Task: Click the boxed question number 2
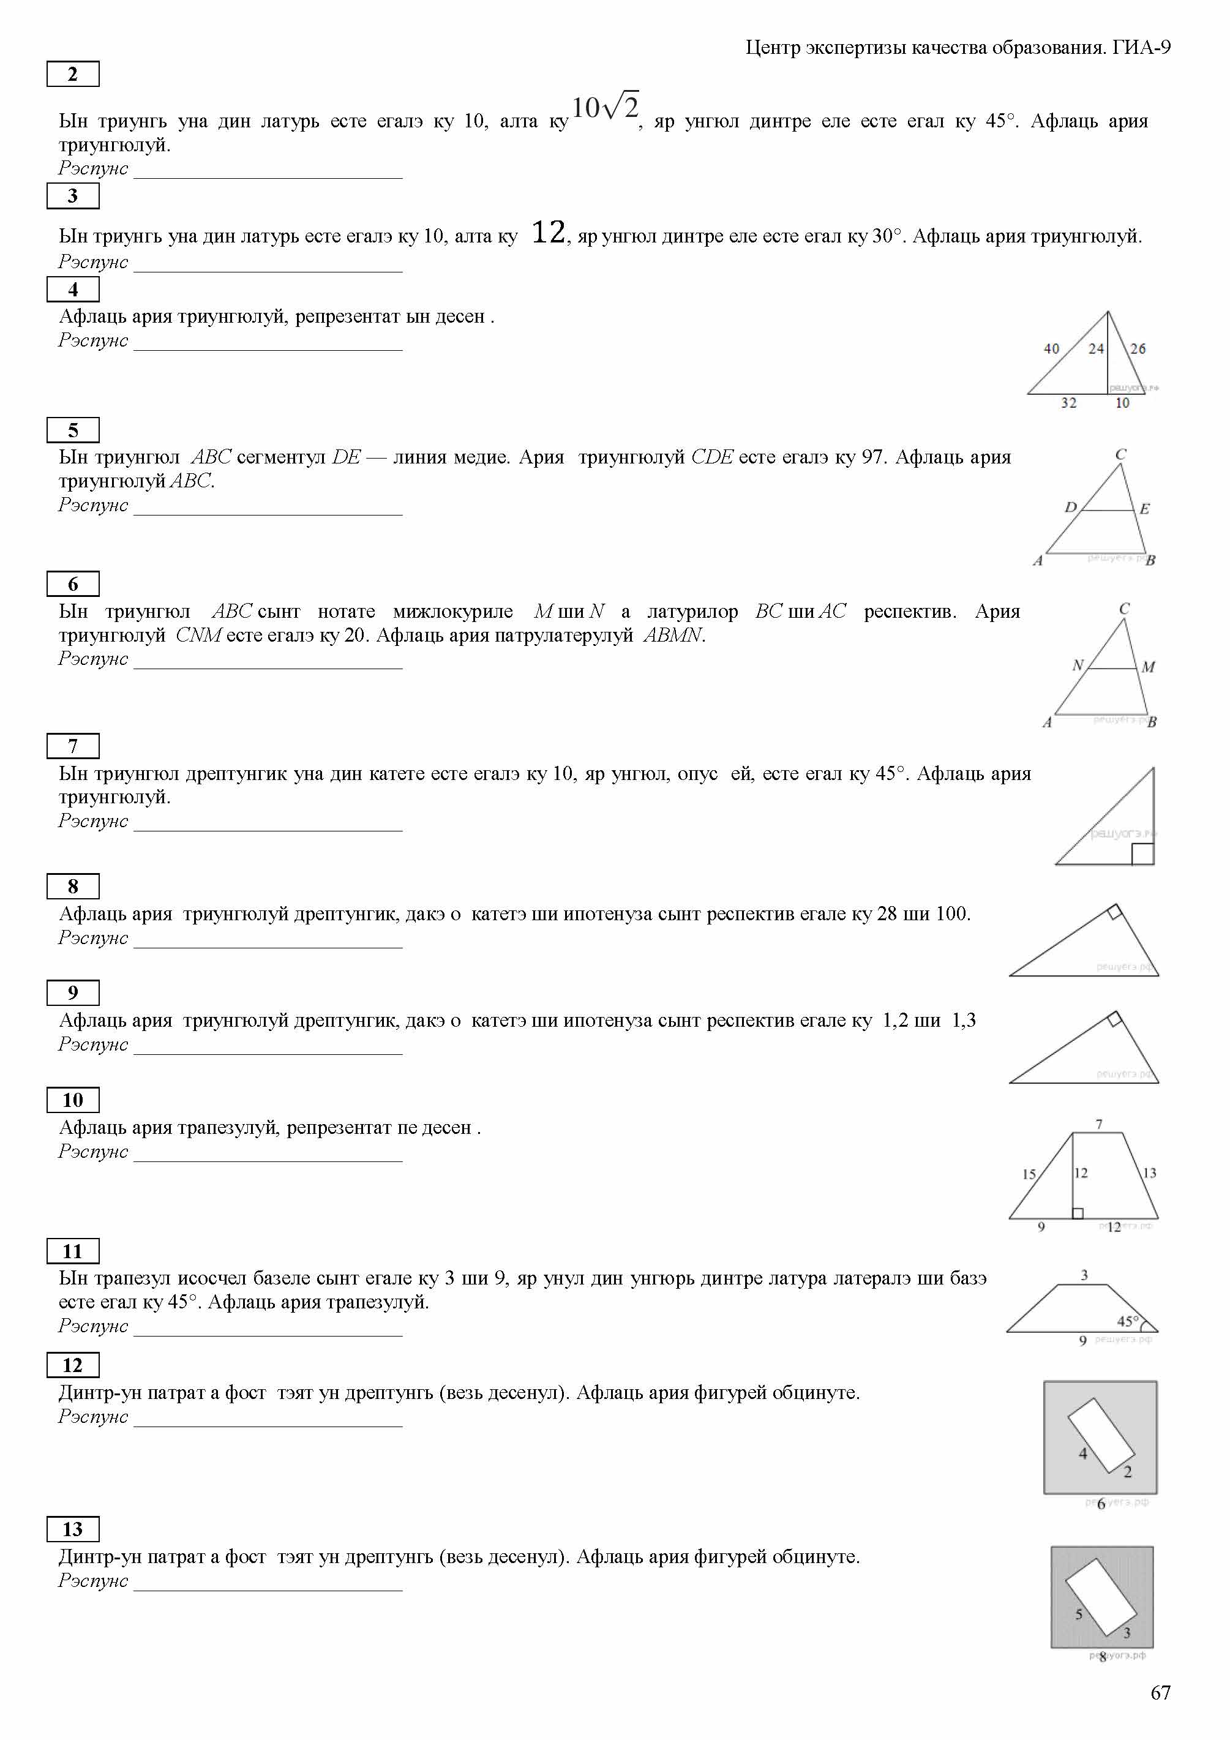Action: click(73, 74)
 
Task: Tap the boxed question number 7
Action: click(73, 746)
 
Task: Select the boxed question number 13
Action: click(73, 1529)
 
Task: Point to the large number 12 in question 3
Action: click(548, 232)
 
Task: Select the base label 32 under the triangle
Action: click(1068, 403)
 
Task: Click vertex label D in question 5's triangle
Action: click(1071, 507)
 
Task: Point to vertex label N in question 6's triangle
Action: click(1078, 665)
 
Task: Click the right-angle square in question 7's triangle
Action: click(1142, 854)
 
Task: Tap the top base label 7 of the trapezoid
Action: click(1099, 1124)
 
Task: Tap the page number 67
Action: click(1160, 1693)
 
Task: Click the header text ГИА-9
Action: click(1141, 48)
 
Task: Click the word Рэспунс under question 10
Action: click(93, 1151)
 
